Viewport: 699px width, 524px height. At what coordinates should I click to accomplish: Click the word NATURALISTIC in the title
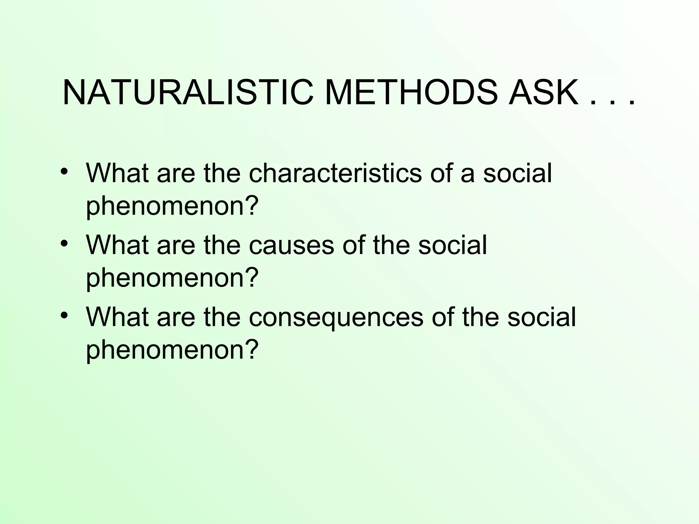[x=188, y=93]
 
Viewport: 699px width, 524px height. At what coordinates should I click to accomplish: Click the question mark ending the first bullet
[x=250, y=205]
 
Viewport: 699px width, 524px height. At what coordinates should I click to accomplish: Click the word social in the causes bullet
[x=453, y=245]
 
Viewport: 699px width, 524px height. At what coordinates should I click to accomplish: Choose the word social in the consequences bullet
[x=541, y=317]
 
